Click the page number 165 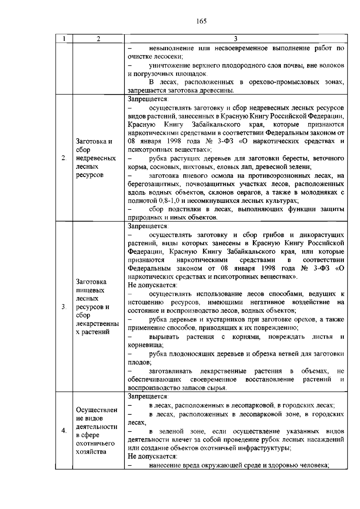(202, 21)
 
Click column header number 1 (64, 39)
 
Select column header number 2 (98, 39)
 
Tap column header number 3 (235, 39)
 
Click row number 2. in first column (64, 158)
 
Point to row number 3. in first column (64, 307)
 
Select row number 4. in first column (64, 431)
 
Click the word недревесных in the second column (96, 158)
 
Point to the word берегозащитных (152, 184)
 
